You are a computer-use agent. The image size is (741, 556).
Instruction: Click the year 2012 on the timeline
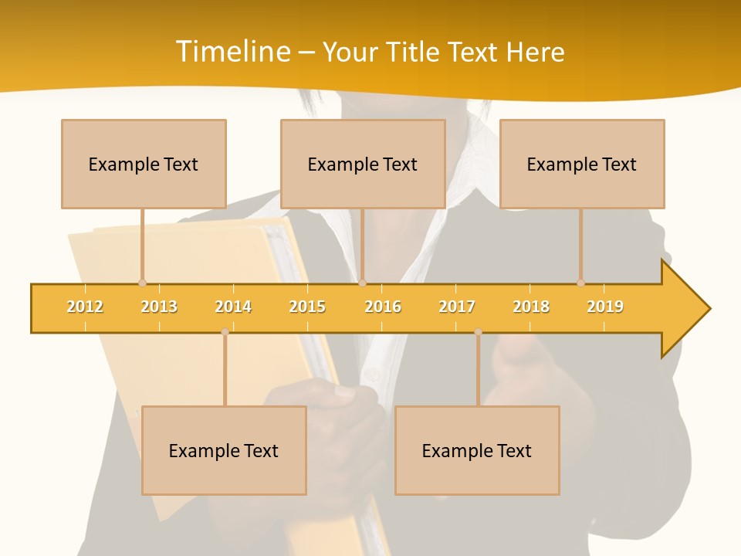click(85, 307)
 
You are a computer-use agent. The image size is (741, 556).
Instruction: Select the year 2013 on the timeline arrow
click(159, 307)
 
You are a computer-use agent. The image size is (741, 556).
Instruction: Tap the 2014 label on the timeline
click(233, 307)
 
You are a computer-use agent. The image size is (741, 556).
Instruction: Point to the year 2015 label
click(307, 307)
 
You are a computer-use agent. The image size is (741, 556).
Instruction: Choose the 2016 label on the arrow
click(383, 307)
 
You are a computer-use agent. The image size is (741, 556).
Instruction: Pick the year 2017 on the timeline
click(457, 307)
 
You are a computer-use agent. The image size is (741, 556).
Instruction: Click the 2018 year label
click(531, 307)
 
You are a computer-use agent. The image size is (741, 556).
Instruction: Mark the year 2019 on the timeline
click(605, 307)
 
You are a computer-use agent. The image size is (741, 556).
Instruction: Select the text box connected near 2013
click(144, 164)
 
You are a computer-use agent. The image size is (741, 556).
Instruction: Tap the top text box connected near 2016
click(363, 164)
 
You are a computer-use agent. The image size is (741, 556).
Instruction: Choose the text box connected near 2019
click(582, 164)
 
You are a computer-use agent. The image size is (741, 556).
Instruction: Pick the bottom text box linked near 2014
click(224, 450)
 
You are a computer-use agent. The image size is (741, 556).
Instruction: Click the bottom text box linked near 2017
click(477, 450)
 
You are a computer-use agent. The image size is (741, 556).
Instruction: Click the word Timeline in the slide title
click(232, 52)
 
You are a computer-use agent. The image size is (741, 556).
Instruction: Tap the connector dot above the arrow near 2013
click(142, 283)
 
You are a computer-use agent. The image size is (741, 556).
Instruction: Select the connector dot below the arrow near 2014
click(225, 332)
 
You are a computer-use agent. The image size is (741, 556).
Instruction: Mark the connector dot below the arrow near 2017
click(478, 332)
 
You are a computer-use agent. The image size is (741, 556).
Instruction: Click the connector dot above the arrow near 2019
click(580, 283)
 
